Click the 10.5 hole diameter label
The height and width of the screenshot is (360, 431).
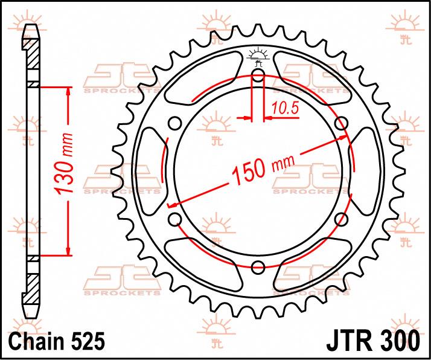[x=285, y=108]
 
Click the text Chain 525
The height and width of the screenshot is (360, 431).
[x=57, y=341]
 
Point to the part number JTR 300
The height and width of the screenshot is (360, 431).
[x=373, y=341]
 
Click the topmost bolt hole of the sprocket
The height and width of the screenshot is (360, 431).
[x=258, y=75]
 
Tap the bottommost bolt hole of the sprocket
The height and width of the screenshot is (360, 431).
[x=258, y=266]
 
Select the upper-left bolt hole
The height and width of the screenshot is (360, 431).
[x=175, y=123]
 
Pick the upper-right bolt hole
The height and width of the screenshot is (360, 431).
[x=342, y=123]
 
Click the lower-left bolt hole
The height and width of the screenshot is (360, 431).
[x=175, y=219]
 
